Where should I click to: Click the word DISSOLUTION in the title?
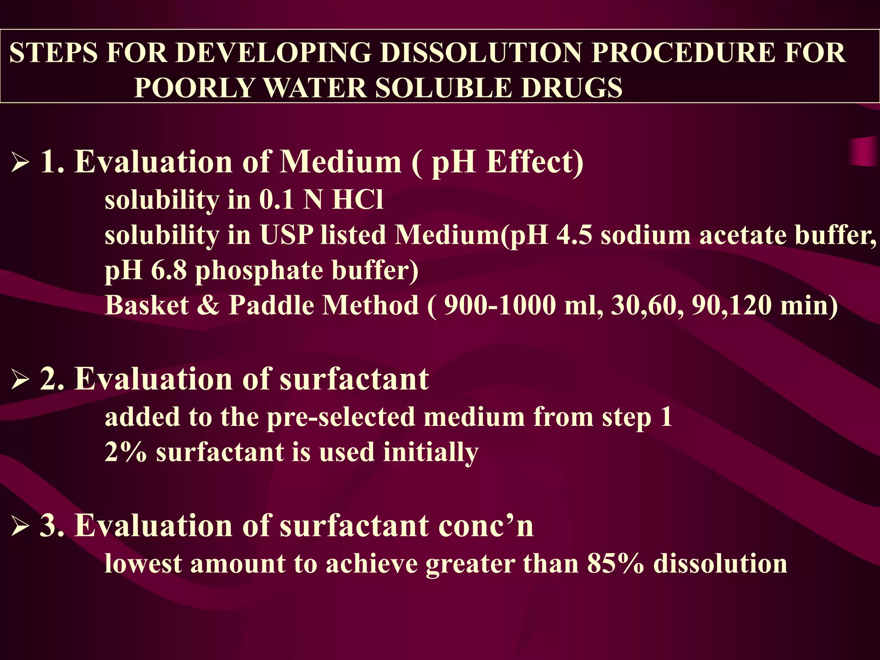[480, 53]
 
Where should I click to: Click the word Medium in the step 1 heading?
[340, 162]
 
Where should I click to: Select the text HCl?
[357, 200]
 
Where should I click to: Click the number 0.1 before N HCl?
[277, 200]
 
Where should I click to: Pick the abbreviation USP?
[286, 235]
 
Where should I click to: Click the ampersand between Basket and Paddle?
[208, 306]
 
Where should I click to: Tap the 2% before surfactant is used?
[125, 452]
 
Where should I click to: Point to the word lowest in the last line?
[143, 564]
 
